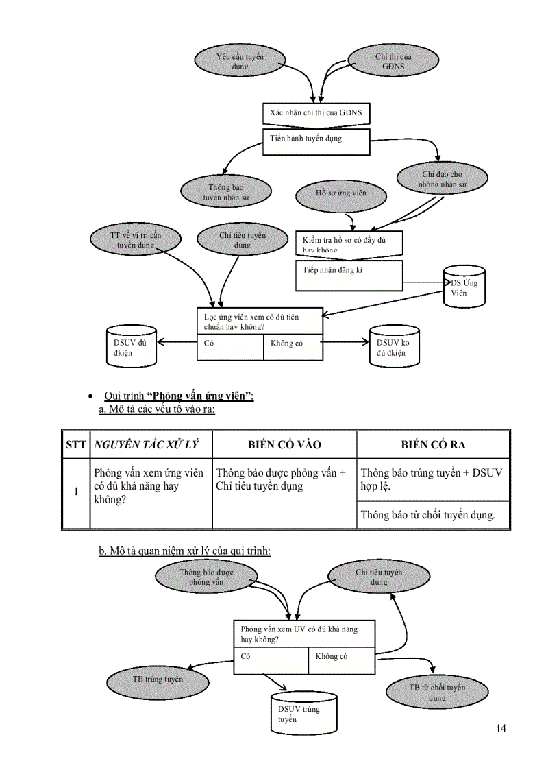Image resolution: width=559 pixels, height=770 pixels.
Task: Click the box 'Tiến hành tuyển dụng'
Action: pos(316,142)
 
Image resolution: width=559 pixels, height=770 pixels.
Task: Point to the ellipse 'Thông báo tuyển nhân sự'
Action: pos(226,191)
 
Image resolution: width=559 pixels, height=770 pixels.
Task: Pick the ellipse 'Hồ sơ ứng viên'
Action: pos(340,193)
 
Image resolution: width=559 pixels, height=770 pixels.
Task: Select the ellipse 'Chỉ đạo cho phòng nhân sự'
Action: pos(442,179)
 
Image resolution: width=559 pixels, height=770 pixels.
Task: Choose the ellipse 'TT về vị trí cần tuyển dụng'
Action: pos(136,240)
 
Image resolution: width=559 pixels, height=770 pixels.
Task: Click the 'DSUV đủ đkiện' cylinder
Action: pos(131,348)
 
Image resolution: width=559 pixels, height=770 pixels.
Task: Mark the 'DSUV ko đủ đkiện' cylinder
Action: pos(394,348)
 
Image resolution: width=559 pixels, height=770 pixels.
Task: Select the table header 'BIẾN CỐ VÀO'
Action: pos(284,445)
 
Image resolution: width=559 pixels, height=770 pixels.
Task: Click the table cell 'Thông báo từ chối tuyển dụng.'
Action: pos(432,515)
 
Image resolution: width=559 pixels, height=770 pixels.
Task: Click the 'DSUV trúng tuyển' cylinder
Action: pos(302,713)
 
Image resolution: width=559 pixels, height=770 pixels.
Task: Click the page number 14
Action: pos(501,728)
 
